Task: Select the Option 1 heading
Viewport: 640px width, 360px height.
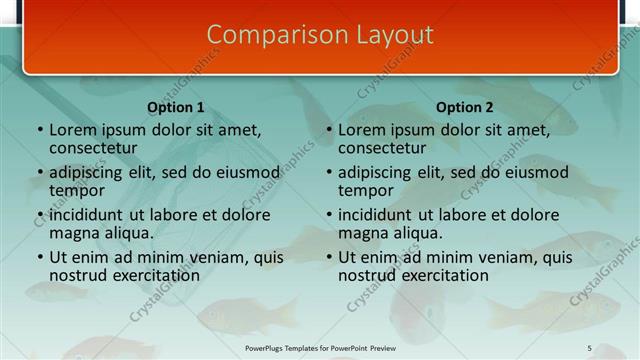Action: click(176, 107)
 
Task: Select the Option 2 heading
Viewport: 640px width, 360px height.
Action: click(465, 107)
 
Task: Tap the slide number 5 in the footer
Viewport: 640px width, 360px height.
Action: click(589, 348)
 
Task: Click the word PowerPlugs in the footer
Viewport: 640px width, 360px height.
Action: click(268, 348)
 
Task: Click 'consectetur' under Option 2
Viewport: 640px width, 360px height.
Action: click(382, 148)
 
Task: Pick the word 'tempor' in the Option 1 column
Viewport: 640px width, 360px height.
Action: click(77, 190)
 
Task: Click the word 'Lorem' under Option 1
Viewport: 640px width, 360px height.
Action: click(72, 130)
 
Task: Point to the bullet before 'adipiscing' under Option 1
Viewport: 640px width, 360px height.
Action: click(40, 173)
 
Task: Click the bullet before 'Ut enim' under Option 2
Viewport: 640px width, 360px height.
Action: click(329, 258)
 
